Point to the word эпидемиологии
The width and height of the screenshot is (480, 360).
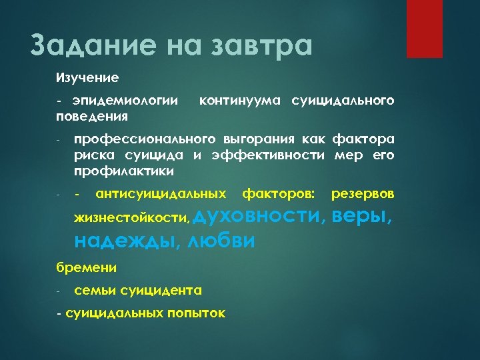126,101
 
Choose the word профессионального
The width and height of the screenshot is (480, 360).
145,139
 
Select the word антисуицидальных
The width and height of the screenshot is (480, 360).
161,193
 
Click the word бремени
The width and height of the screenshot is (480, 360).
86,268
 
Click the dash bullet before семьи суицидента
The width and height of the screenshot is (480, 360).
59,291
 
